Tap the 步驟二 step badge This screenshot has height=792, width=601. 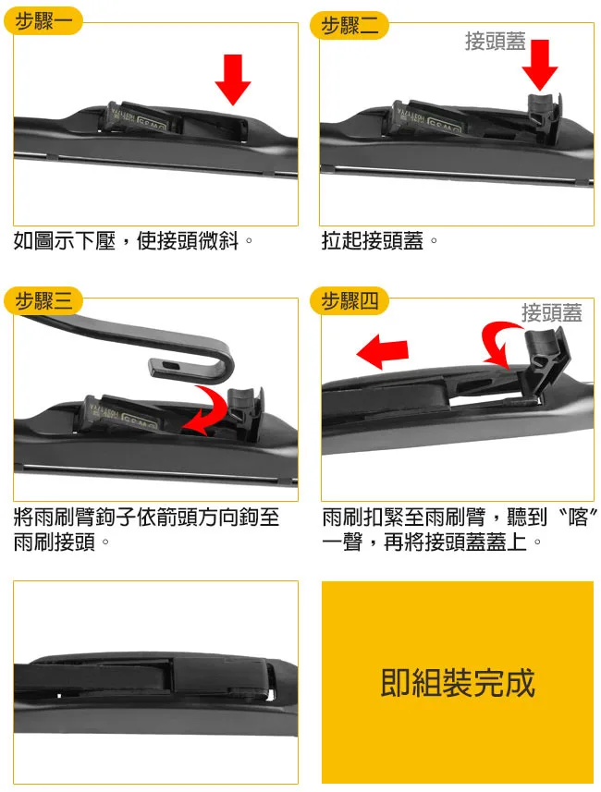(x=350, y=25)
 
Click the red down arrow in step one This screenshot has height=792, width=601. (x=233, y=79)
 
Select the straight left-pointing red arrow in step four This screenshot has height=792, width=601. (x=382, y=352)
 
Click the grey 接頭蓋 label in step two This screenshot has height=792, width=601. (x=495, y=41)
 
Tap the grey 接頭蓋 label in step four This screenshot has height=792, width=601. (x=551, y=312)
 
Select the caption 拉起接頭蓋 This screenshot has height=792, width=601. (x=379, y=241)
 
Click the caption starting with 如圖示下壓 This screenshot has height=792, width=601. (x=133, y=241)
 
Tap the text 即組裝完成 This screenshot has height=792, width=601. (x=458, y=683)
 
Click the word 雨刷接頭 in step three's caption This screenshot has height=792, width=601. (x=56, y=542)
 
